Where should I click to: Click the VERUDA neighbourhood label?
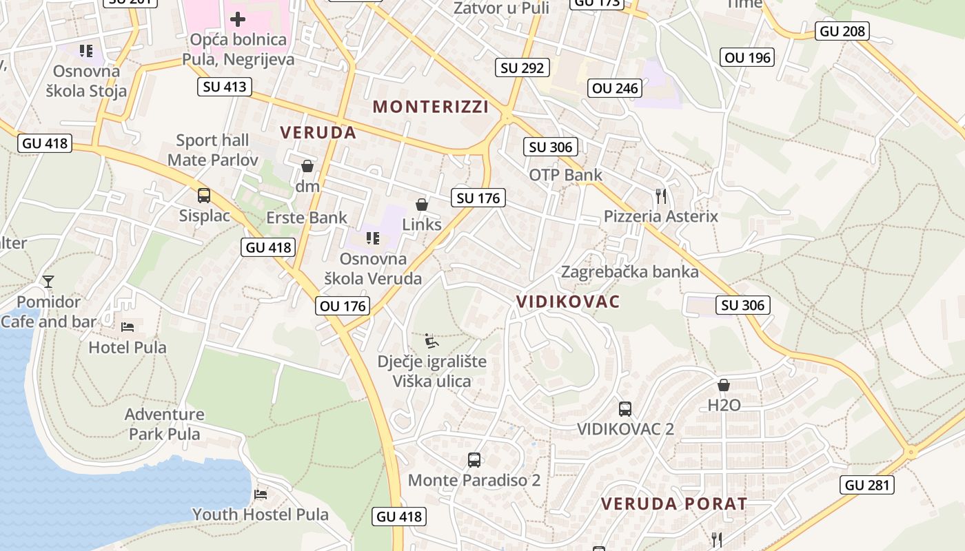click(318, 133)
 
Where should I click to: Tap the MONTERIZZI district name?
click(431, 107)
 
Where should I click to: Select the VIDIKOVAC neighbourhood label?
click(568, 302)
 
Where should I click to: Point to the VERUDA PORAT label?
click(674, 504)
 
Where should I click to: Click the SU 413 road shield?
click(225, 87)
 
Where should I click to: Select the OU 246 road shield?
click(616, 88)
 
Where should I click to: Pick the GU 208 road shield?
click(842, 31)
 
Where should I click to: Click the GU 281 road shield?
click(868, 485)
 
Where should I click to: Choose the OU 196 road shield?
click(748, 57)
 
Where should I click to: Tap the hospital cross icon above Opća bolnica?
click(238, 19)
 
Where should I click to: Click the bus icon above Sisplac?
click(204, 195)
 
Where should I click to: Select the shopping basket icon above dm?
click(307, 166)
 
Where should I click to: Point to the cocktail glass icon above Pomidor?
click(48, 281)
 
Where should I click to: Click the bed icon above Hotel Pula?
click(128, 326)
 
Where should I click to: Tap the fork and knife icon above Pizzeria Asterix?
click(661, 196)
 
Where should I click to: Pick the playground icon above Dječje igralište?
click(432, 340)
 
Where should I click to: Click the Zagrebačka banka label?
click(629, 272)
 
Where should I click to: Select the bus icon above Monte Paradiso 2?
click(474, 459)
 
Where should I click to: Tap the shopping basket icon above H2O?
click(724, 385)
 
